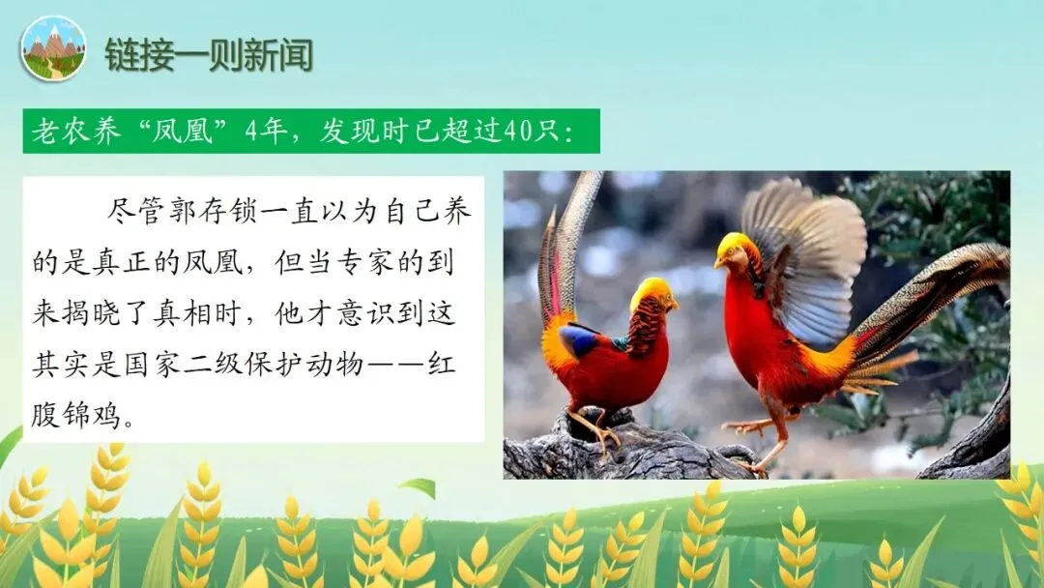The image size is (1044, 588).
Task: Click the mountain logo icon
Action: (x=52, y=48)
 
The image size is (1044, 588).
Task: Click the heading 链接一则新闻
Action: (x=209, y=54)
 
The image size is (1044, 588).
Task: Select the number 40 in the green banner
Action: (x=517, y=131)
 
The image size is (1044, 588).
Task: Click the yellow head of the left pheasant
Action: (x=652, y=291)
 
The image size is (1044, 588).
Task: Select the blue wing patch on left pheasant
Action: (x=581, y=339)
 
